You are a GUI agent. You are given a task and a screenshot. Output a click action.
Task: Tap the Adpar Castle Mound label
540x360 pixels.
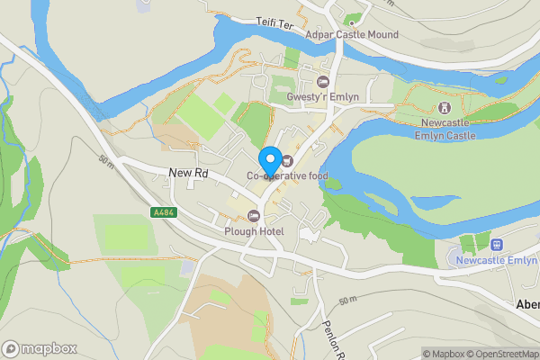tap(352, 35)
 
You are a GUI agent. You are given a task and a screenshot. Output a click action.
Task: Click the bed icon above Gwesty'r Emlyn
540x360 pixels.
tap(310, 83)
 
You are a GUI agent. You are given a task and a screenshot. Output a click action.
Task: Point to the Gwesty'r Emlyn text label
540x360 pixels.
tap(310, 97)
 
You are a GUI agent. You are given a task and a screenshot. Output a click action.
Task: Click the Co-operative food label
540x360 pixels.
tap(288, 175)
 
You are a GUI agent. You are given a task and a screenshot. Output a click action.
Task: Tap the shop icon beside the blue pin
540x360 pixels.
tap(287, 161)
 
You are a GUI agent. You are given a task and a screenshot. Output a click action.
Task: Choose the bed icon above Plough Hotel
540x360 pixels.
tap(254, 216)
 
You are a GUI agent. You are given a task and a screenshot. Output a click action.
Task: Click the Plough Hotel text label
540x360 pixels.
tap(254, 231)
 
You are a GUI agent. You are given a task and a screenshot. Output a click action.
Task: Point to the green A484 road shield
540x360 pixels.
tap(162, 213)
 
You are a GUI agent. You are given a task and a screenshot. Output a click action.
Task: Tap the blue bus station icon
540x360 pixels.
tap(495, 244)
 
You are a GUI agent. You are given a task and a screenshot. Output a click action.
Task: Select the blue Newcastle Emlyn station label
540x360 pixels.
tap(497, 261)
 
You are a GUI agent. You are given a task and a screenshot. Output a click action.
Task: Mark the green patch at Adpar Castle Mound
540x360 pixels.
tap(352, 19)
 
